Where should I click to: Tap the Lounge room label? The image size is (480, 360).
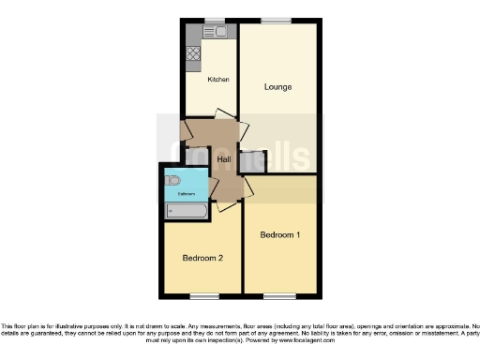277,87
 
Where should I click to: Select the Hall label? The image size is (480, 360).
224,160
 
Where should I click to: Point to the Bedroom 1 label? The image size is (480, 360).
279,234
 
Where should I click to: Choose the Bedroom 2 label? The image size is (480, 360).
202,258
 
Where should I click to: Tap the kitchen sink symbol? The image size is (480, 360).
219,32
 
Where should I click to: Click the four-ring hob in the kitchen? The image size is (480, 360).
193,53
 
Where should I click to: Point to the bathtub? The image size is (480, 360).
184,211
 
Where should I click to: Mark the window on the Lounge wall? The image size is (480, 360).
276,20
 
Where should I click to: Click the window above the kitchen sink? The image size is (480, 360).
216,20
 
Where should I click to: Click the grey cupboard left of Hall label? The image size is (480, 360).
198,159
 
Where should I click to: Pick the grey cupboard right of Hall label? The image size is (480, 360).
252,161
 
